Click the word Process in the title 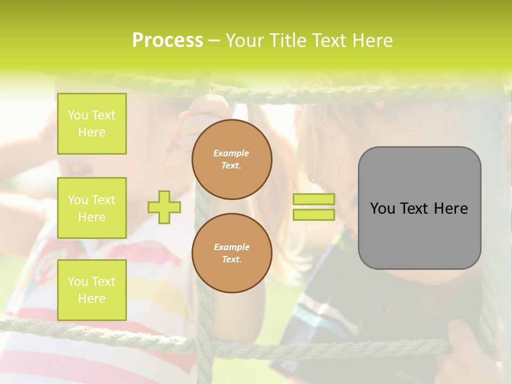(x=167, y=41)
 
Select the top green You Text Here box (x=92, y=124)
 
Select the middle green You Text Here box (x=92, y=208)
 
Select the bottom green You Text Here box (x=92, y=290)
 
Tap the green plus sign (x=164, y=207)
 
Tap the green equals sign (x=314, y=207)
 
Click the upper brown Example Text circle (x=232, y=159)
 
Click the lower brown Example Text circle (x=232, y=253)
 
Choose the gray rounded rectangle (x=419, y=208)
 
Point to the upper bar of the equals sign (x=314, y=199)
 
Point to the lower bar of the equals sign (x=314, y=214)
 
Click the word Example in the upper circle (x=231, y=153)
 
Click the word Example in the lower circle (x=231, y=247)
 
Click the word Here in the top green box (x=92, y=132)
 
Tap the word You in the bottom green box (x=78, y=282)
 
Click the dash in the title (x=214, y=41)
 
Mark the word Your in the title (x=243, y=41)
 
